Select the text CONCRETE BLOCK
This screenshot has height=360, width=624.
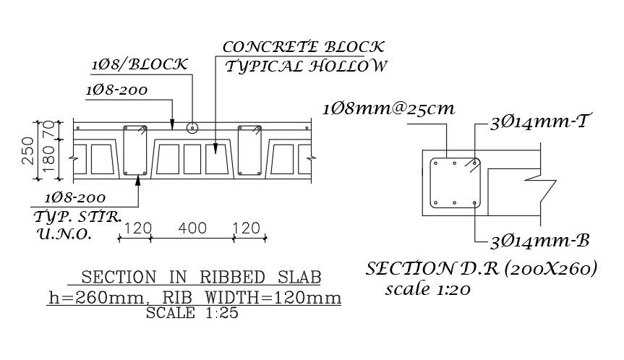click(304, 48)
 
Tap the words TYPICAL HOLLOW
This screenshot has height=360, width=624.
click(307, 67)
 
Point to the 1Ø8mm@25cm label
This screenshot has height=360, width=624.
click(388, 110)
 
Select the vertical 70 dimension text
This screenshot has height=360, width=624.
click(48, 130)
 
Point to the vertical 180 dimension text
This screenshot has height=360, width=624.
click(48, 159)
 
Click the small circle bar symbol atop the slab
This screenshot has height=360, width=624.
click(192, 128)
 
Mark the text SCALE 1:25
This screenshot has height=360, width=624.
click(192, 313)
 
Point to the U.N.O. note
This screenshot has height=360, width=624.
click(63, 234)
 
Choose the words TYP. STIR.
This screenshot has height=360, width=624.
click(77, 216)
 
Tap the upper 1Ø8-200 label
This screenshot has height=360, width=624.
click(116, 90)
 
